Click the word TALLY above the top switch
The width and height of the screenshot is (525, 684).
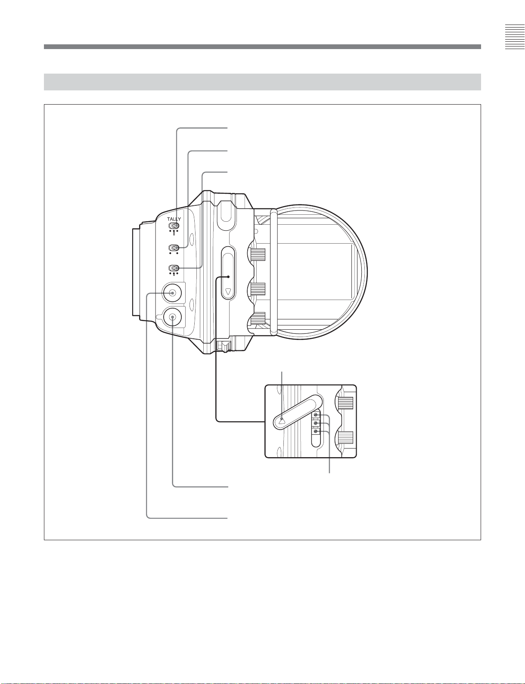coord(174,219)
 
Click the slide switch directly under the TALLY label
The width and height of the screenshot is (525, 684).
coord(174,226)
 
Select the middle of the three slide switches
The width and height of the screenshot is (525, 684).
coord(174,248)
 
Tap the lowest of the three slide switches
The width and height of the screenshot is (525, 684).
coord(174,268)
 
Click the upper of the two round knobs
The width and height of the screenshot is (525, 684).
coord(172,293)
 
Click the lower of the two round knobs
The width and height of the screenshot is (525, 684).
coord(173,317)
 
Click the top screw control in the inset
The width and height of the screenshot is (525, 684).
coord(316,415)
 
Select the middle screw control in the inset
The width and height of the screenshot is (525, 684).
coord(316,424)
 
